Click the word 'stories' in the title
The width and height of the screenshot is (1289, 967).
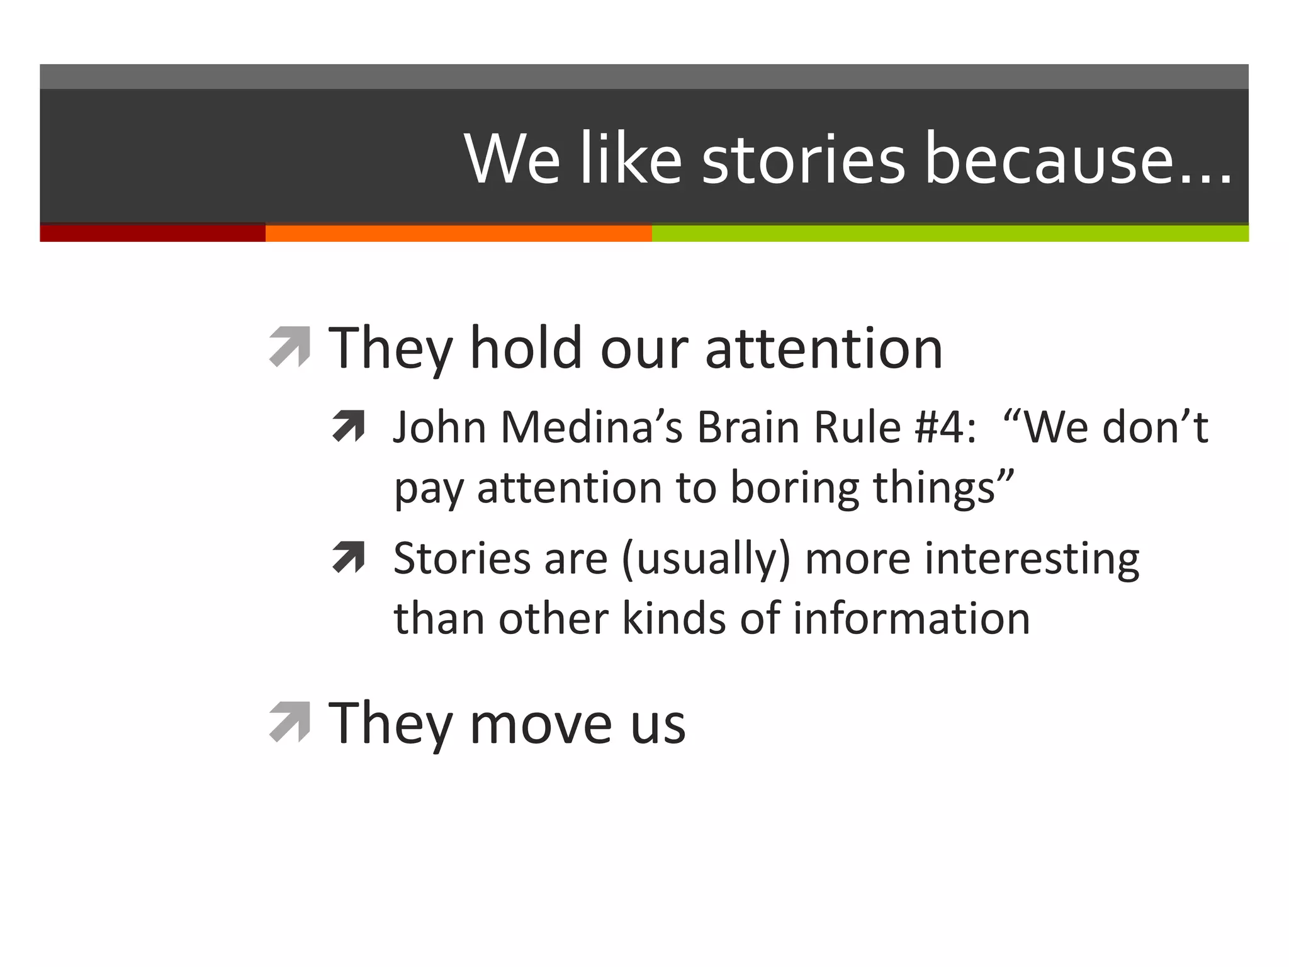click(803, 159)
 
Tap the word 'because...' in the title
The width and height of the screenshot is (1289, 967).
click(1078, 159)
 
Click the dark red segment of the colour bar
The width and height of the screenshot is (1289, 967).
click(152, 233)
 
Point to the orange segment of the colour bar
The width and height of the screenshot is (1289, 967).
click(458, 233)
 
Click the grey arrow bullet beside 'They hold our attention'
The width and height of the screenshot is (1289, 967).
click(290, 346)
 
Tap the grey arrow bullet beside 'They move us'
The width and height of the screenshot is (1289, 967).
click(290, 721)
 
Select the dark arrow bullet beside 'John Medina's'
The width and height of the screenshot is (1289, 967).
click(349, 426)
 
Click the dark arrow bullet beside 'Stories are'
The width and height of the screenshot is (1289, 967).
click(349, 557)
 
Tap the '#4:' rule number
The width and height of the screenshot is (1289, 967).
click(945, 427)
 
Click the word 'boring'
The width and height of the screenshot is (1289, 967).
click(794, 489)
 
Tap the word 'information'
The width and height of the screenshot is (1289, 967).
click(911, 618)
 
